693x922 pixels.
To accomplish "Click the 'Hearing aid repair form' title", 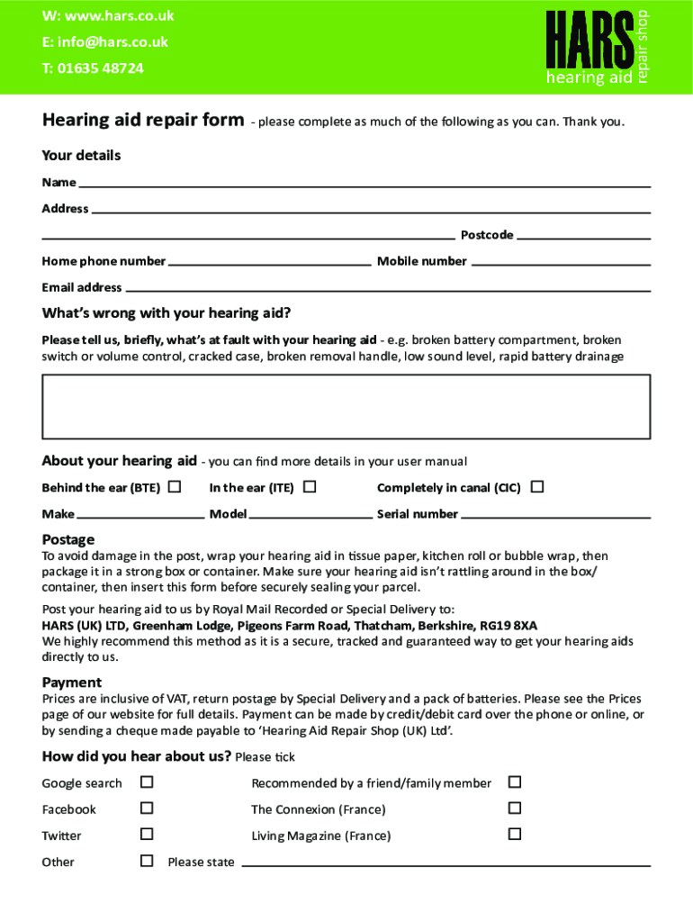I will pyautogui.click(x=142, y=121).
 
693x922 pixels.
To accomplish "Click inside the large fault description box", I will pyautogui.click(x=346, y=404).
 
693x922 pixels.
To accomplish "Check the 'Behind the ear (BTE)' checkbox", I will pyautogui.click(x=175, y=487).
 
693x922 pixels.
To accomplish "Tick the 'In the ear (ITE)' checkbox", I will pyautogui.click(x=310, y=487).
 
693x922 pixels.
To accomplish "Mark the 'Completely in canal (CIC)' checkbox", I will pyautogui.click(x=537, y=487).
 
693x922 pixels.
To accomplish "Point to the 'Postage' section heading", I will pyautogui.click(x=68, y=539).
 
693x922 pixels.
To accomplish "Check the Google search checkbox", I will pyautogui.click(x=147, y=782).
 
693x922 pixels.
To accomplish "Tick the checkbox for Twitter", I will pyautogui.click(x=147, y=835).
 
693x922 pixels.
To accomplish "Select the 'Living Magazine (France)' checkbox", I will pyautogui.click(x=515, y=835).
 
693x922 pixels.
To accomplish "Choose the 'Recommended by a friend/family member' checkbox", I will pyautogui.click(x=515, y=782).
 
